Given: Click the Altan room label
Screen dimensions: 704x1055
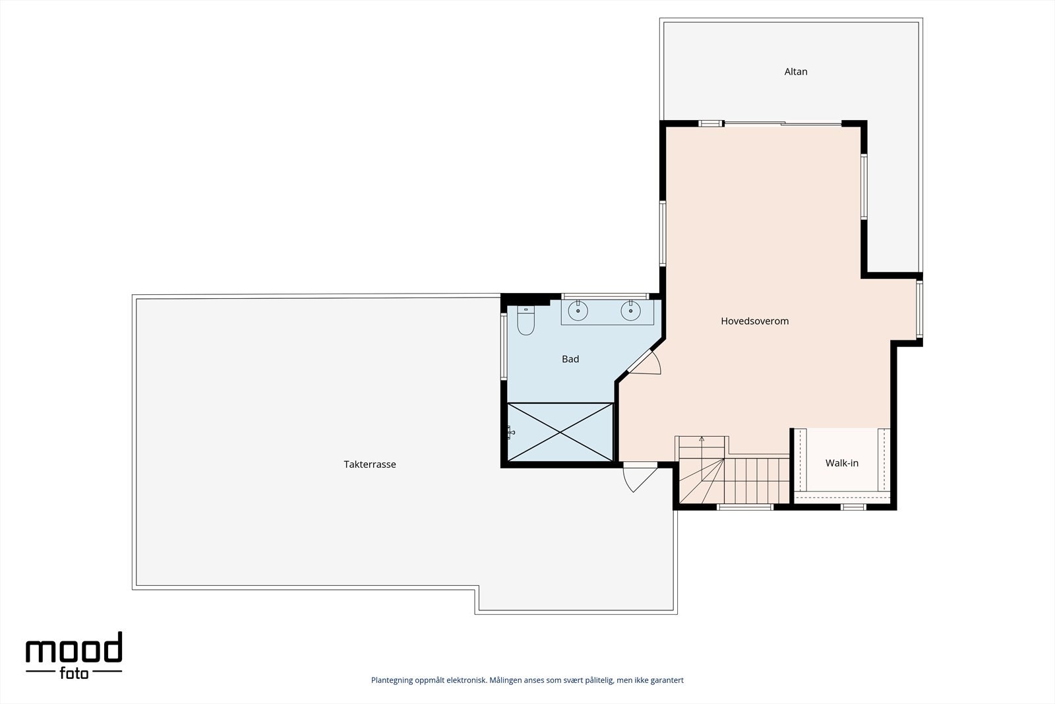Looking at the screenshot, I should coord(795,71).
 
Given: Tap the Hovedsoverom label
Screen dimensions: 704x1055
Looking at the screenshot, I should coord(754,321).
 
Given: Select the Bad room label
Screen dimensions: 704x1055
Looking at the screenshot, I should coord(570,359).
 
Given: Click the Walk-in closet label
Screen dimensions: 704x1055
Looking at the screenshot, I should coord(841,463).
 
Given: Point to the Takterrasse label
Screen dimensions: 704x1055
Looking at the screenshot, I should coord(369,464).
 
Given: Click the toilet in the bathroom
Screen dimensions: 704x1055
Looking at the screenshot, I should coord(526,321).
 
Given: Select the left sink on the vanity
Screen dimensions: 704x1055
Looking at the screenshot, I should coord(578,310).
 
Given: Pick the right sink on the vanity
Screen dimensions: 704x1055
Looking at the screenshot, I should coord(630,310).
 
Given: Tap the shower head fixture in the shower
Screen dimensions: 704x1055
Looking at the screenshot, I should coord(510,432).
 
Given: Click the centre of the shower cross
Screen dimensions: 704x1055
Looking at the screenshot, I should coord(560,432).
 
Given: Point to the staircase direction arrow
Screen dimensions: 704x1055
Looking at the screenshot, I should coord(702,439).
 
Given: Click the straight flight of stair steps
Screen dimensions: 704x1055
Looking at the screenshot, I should coord(757,480).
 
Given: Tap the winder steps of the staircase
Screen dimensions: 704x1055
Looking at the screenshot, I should coord(701,482).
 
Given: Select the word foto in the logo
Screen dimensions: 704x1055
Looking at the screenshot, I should coord(74,674).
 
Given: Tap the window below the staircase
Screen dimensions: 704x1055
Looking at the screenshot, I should coord(744,507).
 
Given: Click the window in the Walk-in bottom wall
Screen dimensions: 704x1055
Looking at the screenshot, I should coord(853,507).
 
